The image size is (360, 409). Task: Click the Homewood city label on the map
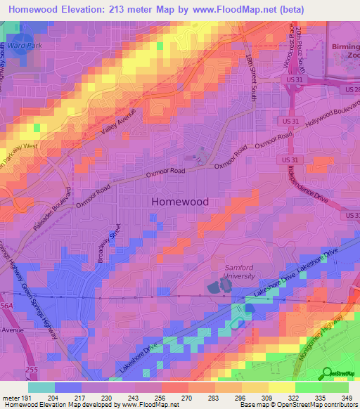click(180, 201)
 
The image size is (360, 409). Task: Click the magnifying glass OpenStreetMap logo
click(326, 373)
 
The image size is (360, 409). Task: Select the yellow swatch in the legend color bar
click(282, 387)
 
